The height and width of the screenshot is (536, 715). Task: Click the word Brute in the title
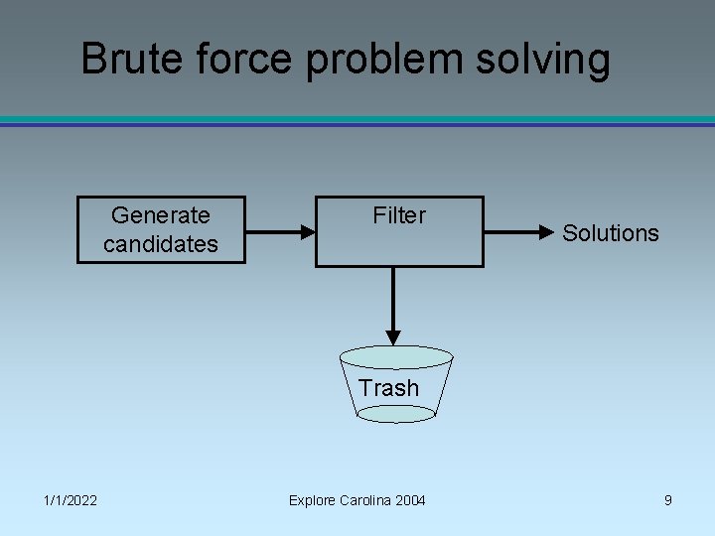coord(127,59)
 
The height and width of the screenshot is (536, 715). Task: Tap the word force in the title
coord(238,59)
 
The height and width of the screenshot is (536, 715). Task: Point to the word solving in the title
coord(548,61)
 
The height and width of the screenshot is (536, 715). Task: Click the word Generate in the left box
coord(161,215)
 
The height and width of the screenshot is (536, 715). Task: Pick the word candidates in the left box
coord(161,243)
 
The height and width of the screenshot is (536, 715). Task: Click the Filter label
coord(399,215)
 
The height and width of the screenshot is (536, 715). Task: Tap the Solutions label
coord(611,233)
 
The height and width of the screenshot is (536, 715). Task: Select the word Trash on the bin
coord(389,388)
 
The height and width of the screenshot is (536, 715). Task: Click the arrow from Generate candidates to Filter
coord(279,233)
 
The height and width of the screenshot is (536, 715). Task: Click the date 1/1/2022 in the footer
coord(70,500)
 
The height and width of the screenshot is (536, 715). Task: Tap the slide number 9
coord(668,500)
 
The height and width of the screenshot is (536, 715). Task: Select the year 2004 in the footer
coord(410,500)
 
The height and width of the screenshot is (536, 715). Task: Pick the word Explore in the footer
coord(312,500)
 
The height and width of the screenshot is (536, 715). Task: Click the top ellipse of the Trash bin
coord(396,357)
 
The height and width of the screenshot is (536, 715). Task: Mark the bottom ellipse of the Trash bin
coord(395,414)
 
